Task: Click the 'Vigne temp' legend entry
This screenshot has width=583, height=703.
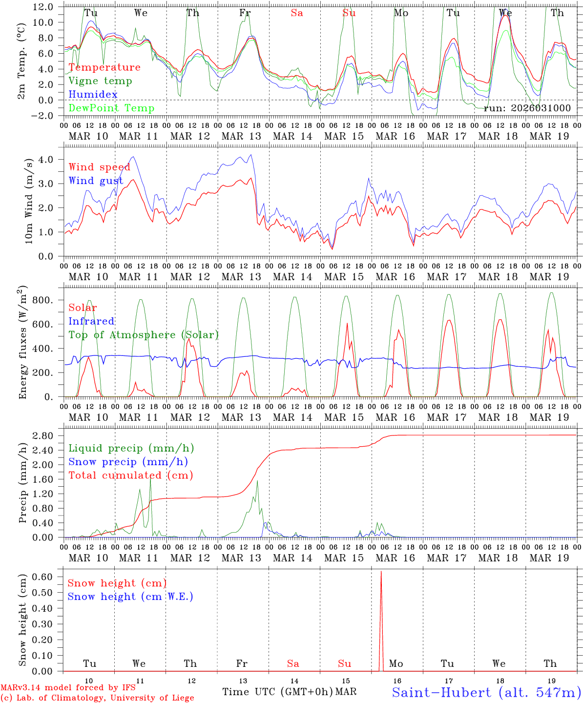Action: (x=100, y=81)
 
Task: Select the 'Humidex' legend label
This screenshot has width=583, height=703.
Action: (x=93, y=94)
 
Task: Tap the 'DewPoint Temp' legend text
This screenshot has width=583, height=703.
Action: (x=111, y=108)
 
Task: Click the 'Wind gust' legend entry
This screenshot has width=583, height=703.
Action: (x=96, y=181)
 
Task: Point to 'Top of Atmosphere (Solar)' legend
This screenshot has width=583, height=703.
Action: (x=143, y=335)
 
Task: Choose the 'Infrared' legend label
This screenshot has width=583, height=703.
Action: (x=91, y=321)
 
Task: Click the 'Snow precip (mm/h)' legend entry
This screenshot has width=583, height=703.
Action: (x=128, y=462)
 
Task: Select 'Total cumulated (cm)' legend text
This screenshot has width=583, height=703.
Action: (x=130, y=476)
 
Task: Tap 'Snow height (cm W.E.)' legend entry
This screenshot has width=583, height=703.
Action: (x=130, y=597)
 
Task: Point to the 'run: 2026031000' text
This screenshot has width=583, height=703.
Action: (x=527, y=108)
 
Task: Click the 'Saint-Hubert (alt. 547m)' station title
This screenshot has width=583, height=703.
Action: (x=486, y=692)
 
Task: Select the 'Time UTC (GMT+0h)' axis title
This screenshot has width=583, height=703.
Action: (x=277, y=692)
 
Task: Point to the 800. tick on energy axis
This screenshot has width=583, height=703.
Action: (x=48, y=300)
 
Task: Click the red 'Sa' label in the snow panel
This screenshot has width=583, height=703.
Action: (x=293, y=663)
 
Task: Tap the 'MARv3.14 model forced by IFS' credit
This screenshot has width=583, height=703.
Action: (x=68, y=687)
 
